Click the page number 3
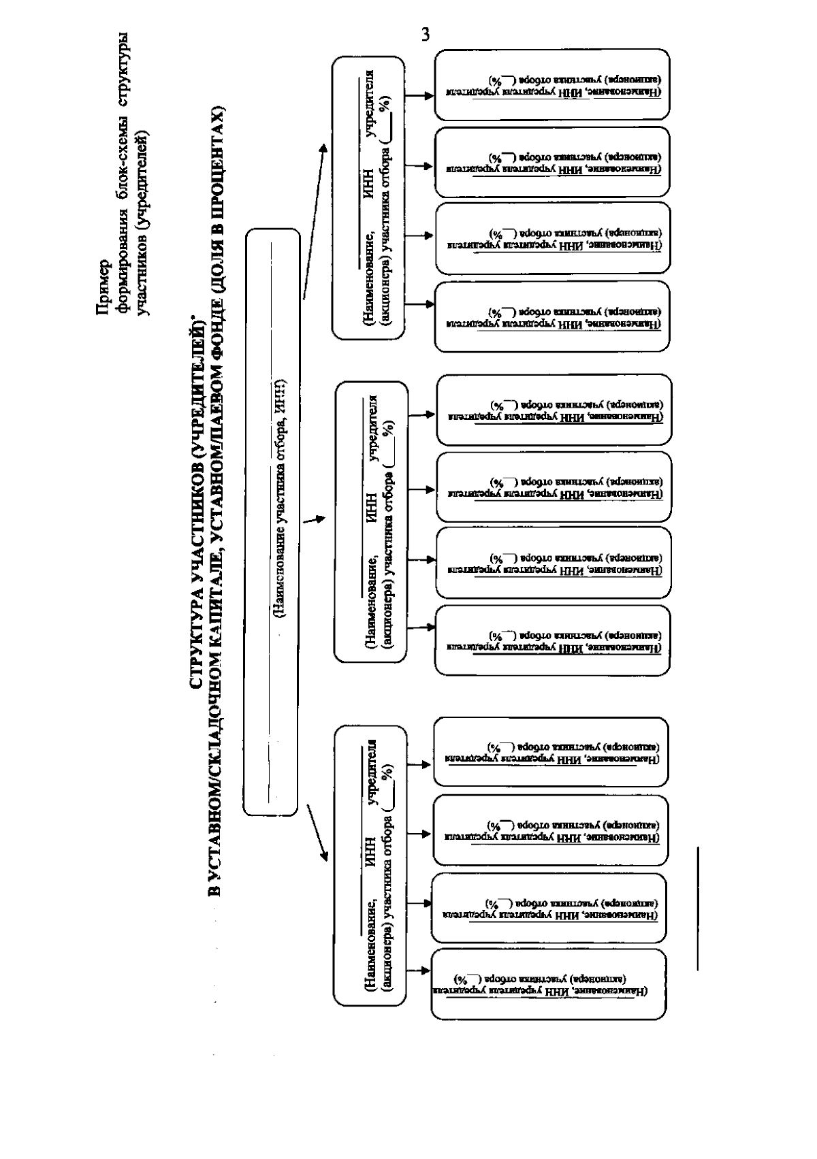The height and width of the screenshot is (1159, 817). click(426, 35)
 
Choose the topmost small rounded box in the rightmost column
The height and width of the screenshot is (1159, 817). click(552, 84)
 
